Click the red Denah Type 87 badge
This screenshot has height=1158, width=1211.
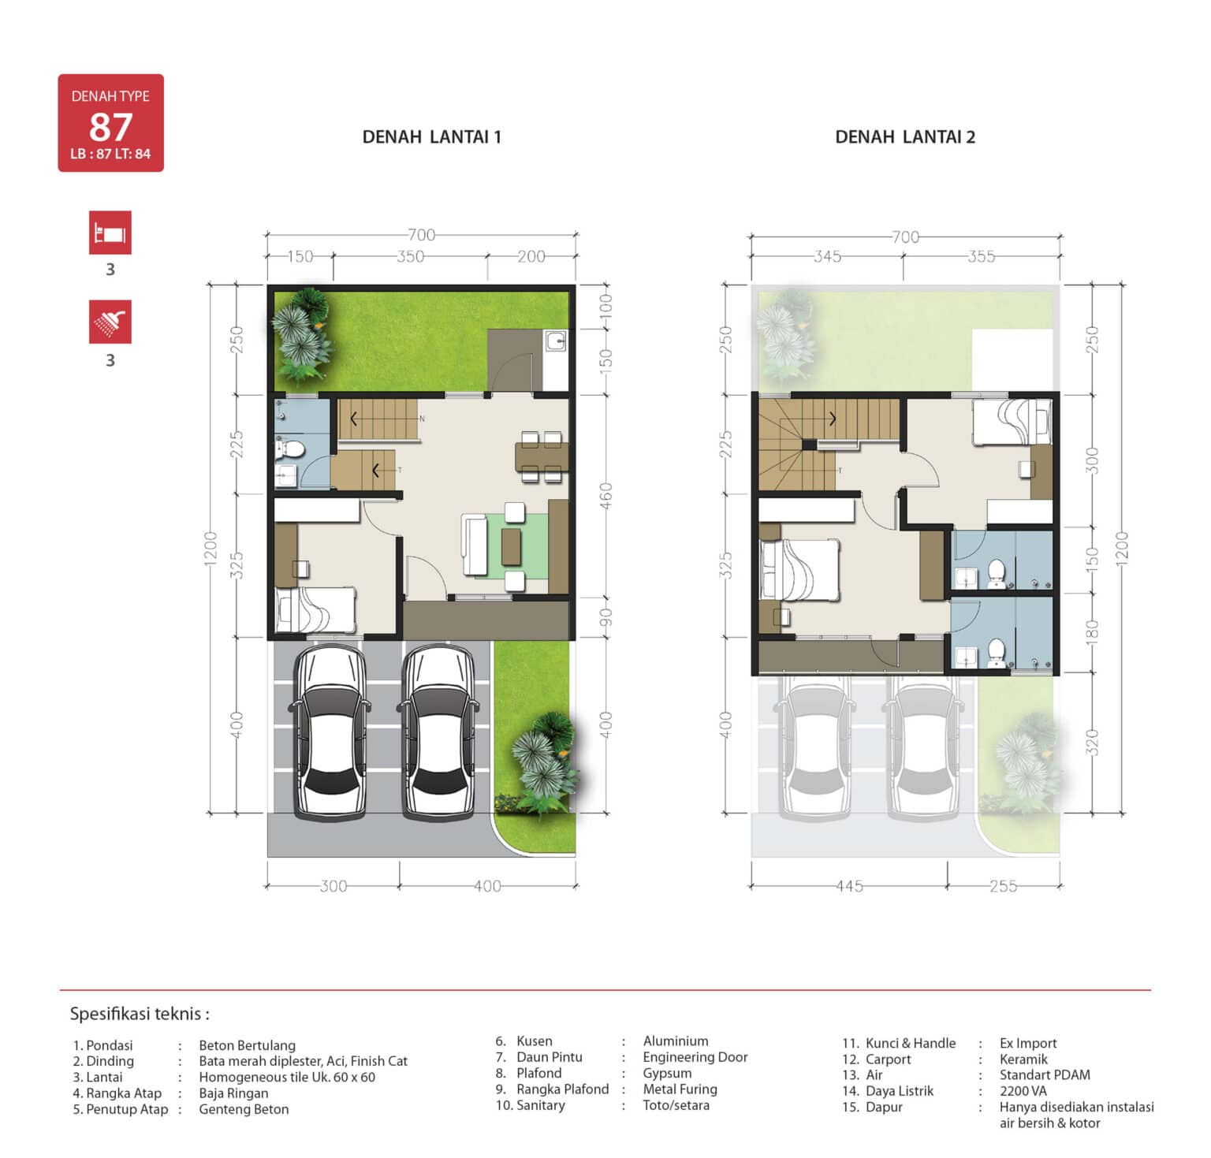(x=110, y=123)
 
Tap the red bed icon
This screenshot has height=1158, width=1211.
(x=110, y=233)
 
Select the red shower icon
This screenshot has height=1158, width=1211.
(x=110, y=322)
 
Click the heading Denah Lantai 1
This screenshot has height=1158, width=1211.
(x=431, y=137)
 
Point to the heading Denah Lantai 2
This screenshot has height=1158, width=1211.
(x=905, y=137)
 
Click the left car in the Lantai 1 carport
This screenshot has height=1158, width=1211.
(x=330, y=732)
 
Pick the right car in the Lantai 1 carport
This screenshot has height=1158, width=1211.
(x=438, y=732)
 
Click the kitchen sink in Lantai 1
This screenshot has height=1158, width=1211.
(x=556, y=341)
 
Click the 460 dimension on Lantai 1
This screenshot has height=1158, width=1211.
(x=606, y=496)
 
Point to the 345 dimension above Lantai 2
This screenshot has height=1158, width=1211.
(x=827, y=256)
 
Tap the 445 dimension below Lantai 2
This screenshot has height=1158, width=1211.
(x=849, y=886)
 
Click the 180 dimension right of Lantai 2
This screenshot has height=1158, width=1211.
(x=1092, y=631)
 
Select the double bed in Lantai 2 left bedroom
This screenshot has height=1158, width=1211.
(x=799, y=569)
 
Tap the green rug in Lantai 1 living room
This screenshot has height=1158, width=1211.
(x=516, y=545)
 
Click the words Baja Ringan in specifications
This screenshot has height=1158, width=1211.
(x=233, y=1093)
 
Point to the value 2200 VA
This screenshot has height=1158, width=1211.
(x=1023, y=1091)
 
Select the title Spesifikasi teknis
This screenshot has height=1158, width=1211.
(x=140, y=1014)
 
